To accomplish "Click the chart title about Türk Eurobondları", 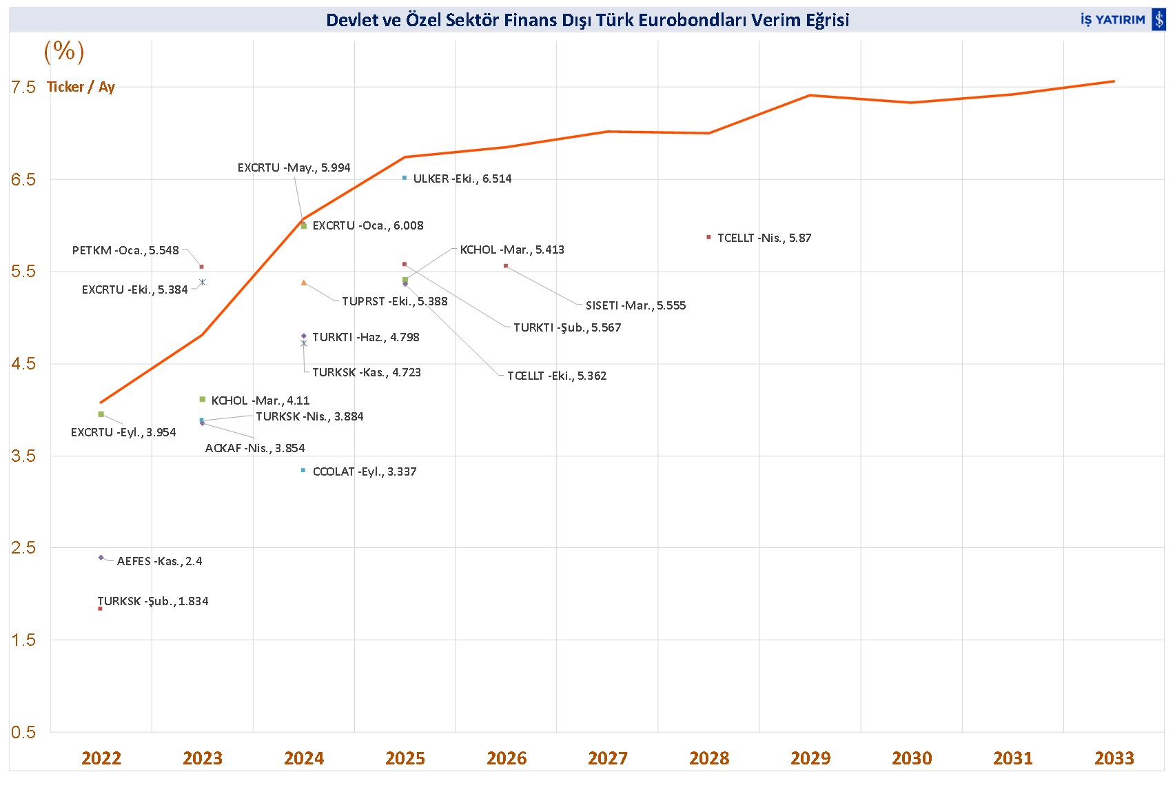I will click(x=587, y=20).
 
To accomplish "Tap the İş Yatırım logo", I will click(x=1122, y=20).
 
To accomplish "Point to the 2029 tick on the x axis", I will click(x=810, y=758).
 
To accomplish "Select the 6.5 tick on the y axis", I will click(x=23, y=180).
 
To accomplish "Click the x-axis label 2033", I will click(x=1114, y=758).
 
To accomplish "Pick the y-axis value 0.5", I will click(x=23, y=732).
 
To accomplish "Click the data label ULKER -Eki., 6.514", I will click(x=462, y=179).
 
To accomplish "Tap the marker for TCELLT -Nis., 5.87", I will click(x=708, y=237).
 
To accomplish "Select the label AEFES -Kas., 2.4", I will click(x=160, y=562).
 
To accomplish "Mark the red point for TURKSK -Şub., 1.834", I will click(x=101, y=609).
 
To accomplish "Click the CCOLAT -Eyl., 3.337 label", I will click(x=365, y=472).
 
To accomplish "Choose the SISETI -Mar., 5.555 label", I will click(x=635, y=306).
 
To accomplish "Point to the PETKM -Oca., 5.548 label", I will click(x=125, y=251).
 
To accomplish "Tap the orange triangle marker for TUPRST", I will click(x=304, y=283).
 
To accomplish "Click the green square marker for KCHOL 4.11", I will click(x=203, y=400).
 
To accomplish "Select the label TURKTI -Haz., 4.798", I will click(x=366, y=338).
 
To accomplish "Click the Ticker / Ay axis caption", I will click(x=81, y=87).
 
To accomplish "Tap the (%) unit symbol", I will click(x=64, y=51).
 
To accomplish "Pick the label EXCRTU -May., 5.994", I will click(x=294, y=168).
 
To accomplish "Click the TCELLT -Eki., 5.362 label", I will click(x=557, y=376).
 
